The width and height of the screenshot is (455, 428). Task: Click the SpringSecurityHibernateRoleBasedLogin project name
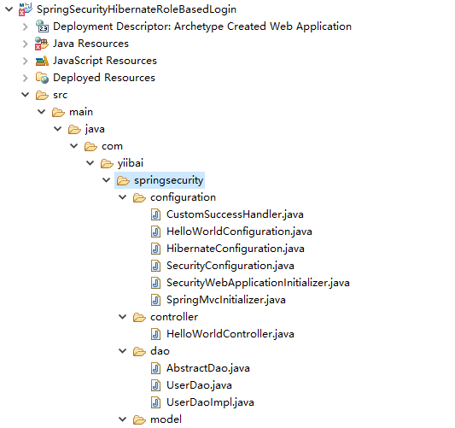point(137,9)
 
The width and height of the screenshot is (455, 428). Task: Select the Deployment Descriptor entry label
point(202,26)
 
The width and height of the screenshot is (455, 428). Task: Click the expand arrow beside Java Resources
point(26,44)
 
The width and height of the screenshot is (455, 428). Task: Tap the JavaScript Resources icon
point(42,61)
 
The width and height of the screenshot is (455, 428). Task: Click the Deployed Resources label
point(104,78)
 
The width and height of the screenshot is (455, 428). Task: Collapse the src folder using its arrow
point(26,95)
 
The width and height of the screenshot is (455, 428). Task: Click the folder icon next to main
point(58,112)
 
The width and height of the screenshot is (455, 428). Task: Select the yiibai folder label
point(131,163)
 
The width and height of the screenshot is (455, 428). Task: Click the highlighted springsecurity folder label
point(168,180)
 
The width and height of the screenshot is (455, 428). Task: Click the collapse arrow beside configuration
point(123,197)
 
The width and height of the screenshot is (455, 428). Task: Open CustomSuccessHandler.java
point(235,214)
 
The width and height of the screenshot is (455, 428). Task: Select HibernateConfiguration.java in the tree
point(236,249)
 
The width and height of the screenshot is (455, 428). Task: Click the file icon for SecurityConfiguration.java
point(156,266)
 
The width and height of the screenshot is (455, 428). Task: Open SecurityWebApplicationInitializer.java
point(258,283)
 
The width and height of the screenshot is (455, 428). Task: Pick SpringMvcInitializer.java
point(226,300)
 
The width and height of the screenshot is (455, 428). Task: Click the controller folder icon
point(139,317)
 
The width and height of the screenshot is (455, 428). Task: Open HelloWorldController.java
point(230,334)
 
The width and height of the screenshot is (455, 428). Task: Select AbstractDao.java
point(208,368)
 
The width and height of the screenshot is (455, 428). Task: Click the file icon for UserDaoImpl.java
point(156,402)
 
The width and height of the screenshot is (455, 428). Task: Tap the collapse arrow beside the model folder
point(123,419)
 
